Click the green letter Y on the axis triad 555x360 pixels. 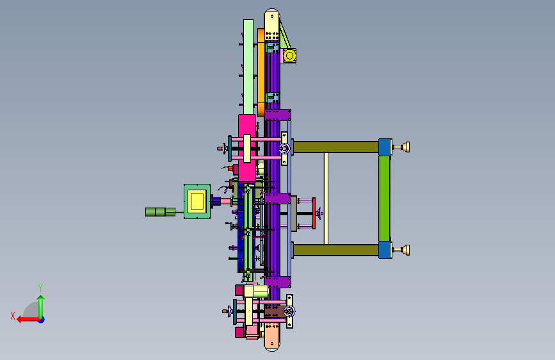click(x=40, y=288)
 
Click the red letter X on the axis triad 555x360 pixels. click(x=13, y=316)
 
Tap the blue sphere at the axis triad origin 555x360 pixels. click(x=42, y=320)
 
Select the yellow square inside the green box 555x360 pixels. click(x=197, y=201)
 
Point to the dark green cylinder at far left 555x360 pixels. click(x=160, y=212)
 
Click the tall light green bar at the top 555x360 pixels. click(x=248, y=67)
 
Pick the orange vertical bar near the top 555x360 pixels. click(x=261, y=72)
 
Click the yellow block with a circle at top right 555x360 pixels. click(x=289, y=56)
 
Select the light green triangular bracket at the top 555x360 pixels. click(x=285, y=35)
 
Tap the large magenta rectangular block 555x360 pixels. click(x=247, y=148)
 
